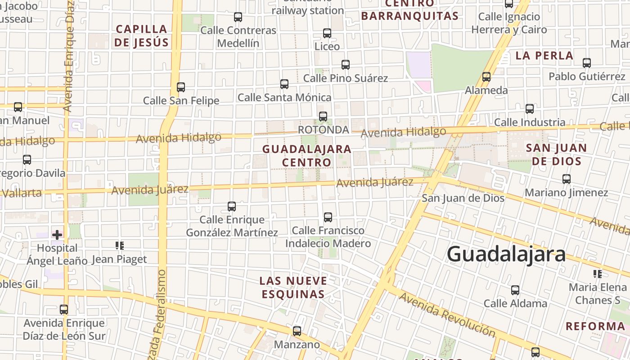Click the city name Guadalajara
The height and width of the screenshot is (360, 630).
506,254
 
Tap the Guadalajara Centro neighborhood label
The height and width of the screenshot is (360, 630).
306,155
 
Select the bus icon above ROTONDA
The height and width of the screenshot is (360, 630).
323,117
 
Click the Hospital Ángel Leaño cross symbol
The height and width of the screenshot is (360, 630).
57,234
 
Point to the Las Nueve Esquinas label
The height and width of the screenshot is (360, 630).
292,288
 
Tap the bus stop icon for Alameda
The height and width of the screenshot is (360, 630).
486,77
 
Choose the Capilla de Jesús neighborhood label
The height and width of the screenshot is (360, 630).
141,36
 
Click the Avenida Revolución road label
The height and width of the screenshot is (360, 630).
447,315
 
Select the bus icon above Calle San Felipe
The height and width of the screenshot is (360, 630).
181,87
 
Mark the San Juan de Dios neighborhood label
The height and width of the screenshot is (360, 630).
556,154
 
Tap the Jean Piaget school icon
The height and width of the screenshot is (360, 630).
120,246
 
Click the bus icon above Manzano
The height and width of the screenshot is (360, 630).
297,331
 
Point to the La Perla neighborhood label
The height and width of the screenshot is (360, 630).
544,56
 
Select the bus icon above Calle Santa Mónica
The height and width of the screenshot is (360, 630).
284,84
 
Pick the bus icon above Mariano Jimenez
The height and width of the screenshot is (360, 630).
567,179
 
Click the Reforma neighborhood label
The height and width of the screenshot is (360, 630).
595,326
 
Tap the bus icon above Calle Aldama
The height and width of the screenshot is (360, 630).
515,290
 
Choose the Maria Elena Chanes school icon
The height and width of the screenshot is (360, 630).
598,274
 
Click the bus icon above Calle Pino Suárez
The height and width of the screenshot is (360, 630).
346,65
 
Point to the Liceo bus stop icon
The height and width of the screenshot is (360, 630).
327,33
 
